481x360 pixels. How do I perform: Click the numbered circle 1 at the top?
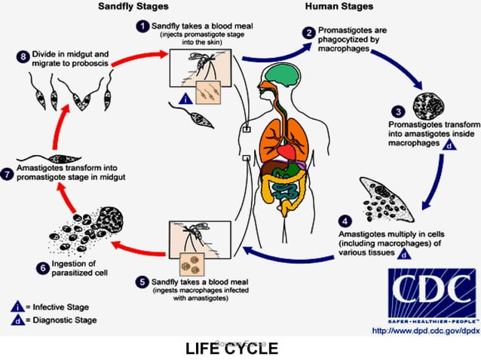(x=141, y=27)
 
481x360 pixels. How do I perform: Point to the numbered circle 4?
(x=345, y=222)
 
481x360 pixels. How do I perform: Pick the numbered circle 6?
(x=44, y=267)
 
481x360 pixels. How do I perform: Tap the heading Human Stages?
(x=339, y=7)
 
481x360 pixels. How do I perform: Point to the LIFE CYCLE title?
(x=231, y=348)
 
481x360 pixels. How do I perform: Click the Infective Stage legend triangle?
(x=15, y=306)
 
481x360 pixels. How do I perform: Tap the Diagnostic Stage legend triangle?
(x=15, y=321)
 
